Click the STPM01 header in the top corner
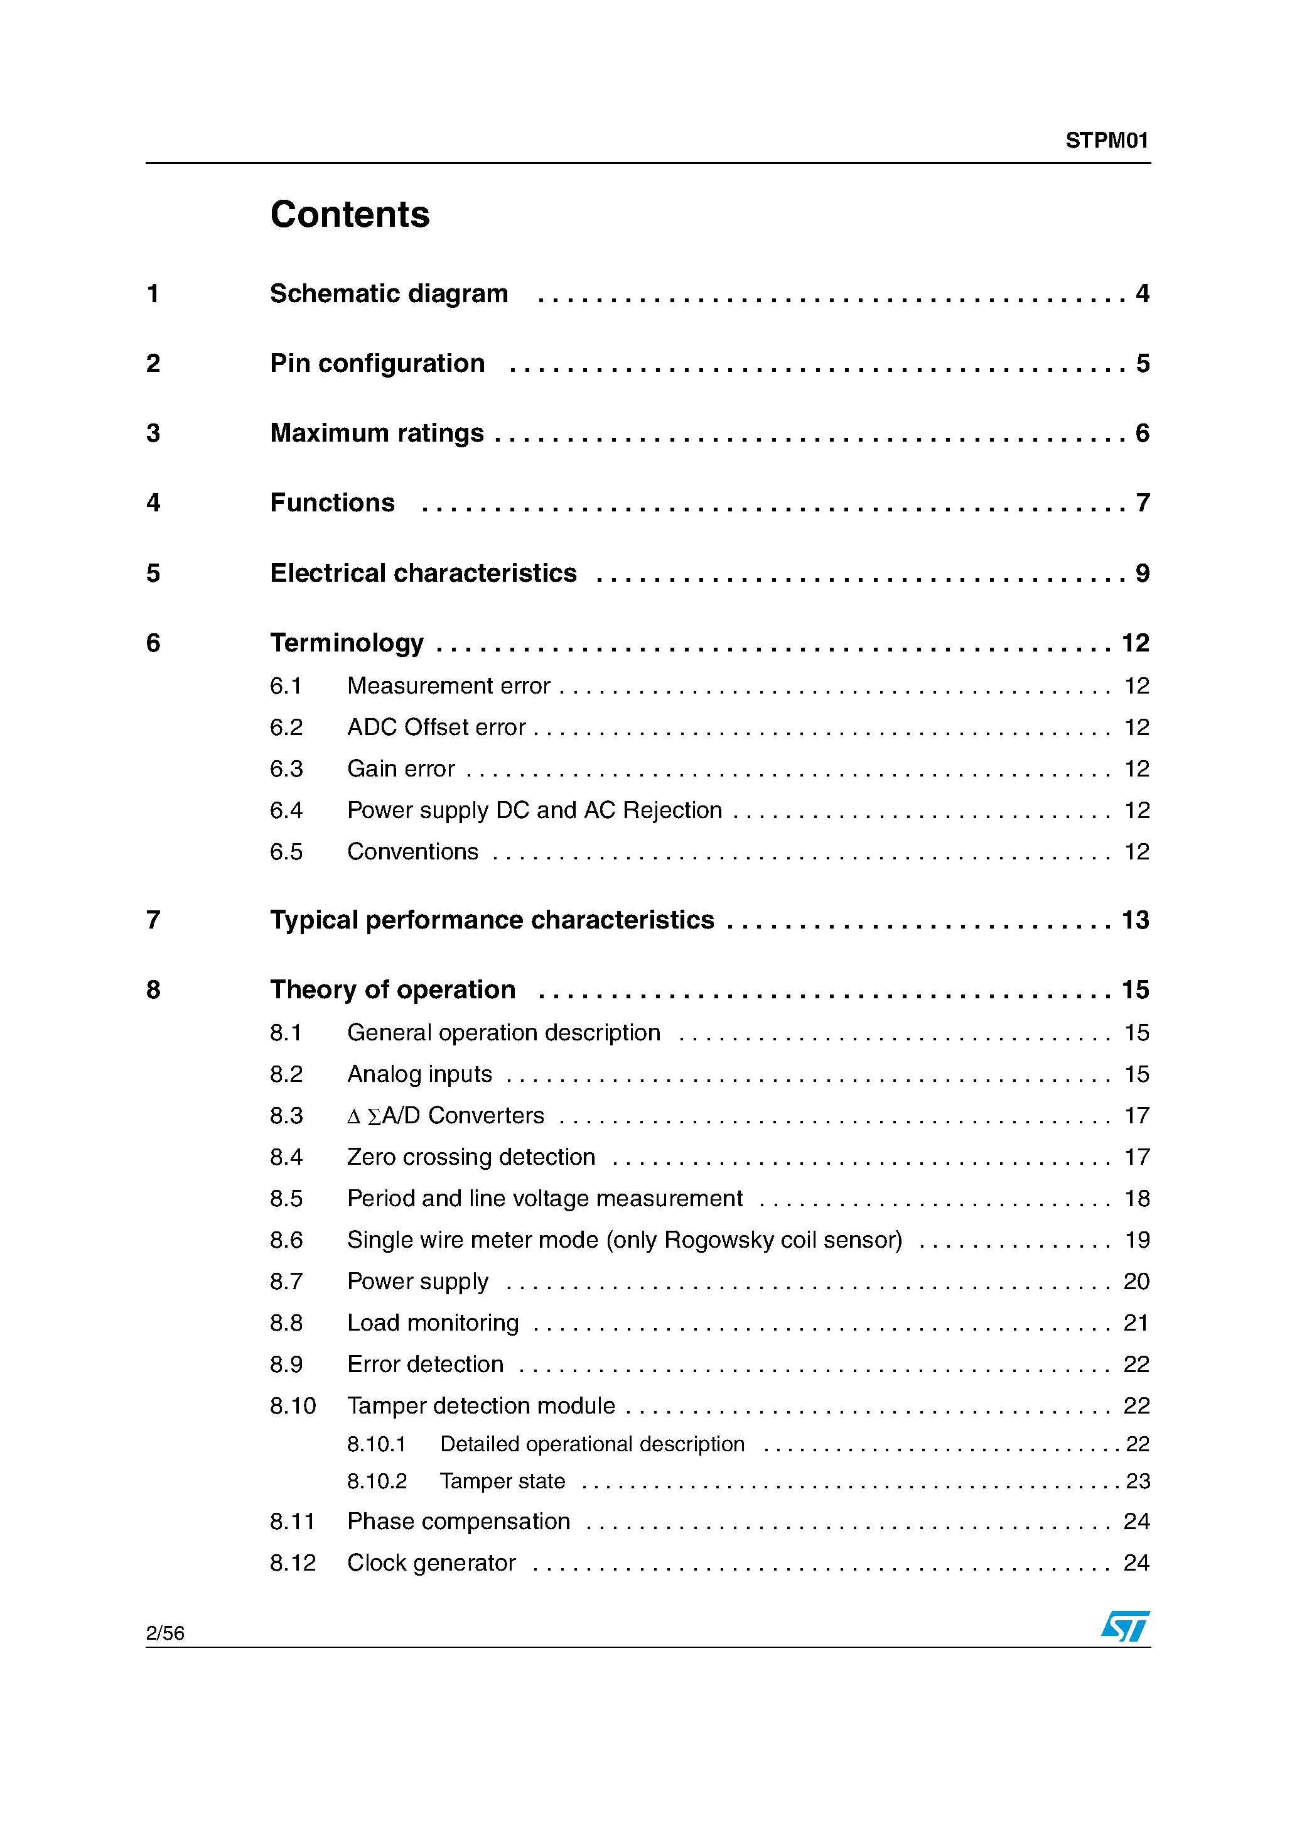click(x=1106, y=141)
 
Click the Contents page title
click(x=350, y=214)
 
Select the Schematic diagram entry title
click(x=389, y=293)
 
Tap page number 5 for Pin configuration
click(x=1142, y=363)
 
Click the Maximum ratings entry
click(x=377, y=433)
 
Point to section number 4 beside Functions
click(x=153, y=503)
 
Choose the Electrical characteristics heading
click(x=423, y=573)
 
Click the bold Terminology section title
click(x=347, y=643)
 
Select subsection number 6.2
click(x=286, y=728)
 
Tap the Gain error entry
click(x=401, y=769)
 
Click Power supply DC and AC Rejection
click(x=534, y=810)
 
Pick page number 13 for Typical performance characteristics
click(x=1134, y=920)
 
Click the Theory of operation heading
click(x=392, y=989)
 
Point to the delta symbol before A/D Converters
click(x=353, y=1117)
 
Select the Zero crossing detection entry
click(x=471, y=1157)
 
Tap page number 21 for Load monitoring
click(x=1136, y=1322)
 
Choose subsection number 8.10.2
click(x=377, y=1481)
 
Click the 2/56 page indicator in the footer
click(x=164, y=1633)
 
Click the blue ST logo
click(x=1125, y=1627)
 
